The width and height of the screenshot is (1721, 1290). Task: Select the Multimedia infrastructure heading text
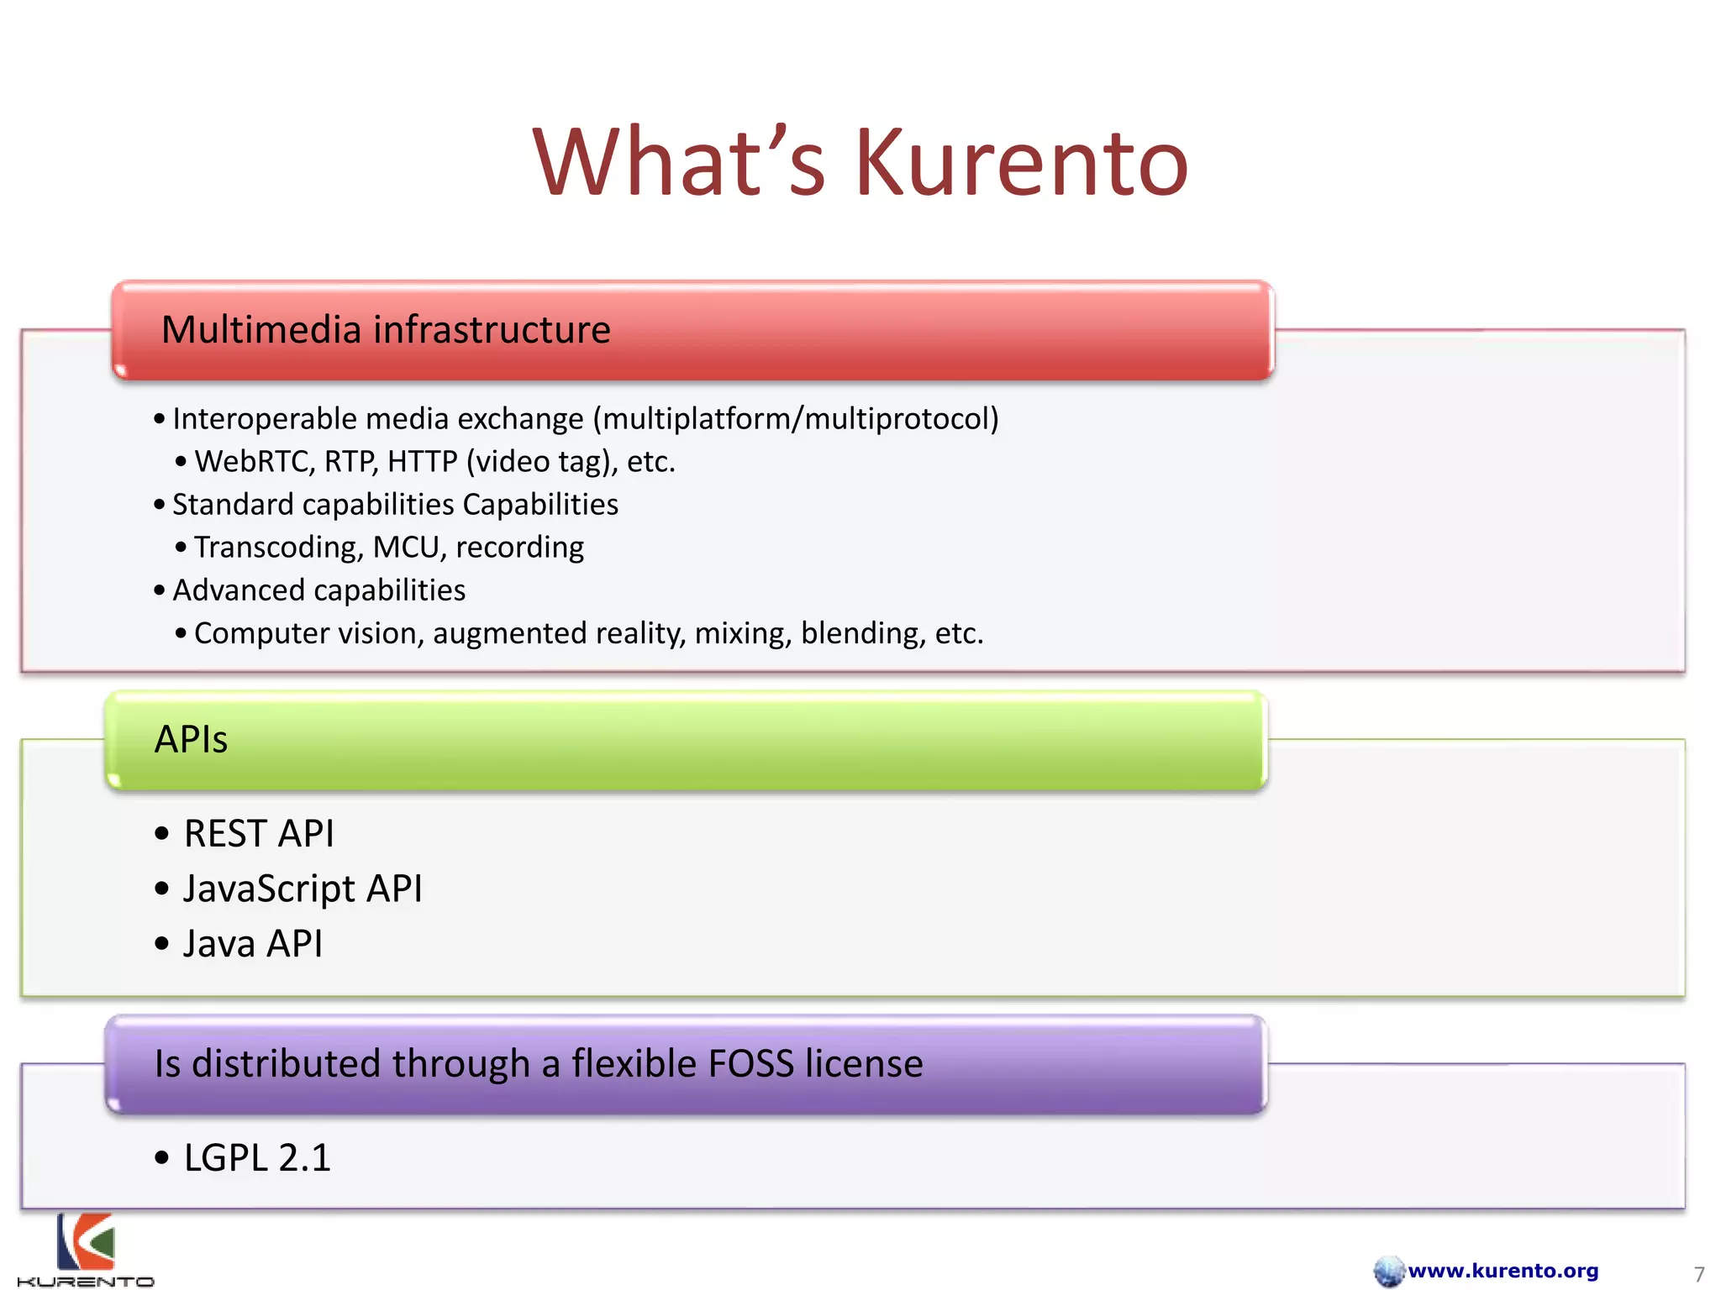point(386,329)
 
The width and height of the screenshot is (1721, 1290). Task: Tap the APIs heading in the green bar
point(191,739)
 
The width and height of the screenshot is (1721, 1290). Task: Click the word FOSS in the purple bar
point(750,1063)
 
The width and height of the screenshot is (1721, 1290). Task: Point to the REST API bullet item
point(258,834)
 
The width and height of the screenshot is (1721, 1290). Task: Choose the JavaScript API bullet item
point(302,889)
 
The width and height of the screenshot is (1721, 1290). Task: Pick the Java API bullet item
point(252,944)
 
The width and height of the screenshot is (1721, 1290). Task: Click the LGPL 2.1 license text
point(257,1158)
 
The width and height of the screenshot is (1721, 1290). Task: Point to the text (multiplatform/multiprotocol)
point(796,419)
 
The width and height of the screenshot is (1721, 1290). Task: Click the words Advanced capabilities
point(318,590)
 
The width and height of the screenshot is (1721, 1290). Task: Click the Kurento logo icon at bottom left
point(85,1242)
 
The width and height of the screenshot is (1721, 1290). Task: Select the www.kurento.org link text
point(1503,1271)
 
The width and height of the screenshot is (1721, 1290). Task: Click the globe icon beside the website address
point(1388,1272)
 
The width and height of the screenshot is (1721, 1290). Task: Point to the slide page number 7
point(1698,1274)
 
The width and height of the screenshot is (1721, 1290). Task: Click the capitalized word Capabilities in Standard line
point(540,505)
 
